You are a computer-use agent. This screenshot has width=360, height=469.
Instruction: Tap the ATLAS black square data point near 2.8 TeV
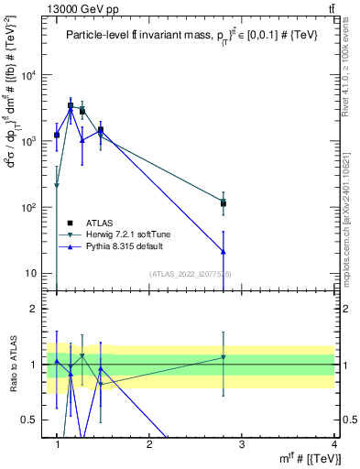pyautogui.click(x=223, y=203)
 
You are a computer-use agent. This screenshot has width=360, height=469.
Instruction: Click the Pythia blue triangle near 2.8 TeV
pyautogui.click(x=223, y=251)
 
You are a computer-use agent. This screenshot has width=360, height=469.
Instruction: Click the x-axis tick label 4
pyautogui.click(x=333, y=444)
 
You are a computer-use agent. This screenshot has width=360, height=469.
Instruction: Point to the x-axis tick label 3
pyautogui.click(x=241, y=444)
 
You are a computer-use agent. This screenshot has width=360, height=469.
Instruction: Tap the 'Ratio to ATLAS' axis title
pyautogui.click(x=13, y=364)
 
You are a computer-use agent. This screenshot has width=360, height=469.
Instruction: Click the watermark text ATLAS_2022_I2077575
pyautogui.click(x=191, y=274)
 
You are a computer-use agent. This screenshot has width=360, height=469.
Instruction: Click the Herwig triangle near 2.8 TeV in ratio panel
pyautogui.click(x=223, y=357)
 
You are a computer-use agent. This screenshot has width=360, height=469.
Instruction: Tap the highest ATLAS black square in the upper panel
pyautogui.click(x=71, y=105)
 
